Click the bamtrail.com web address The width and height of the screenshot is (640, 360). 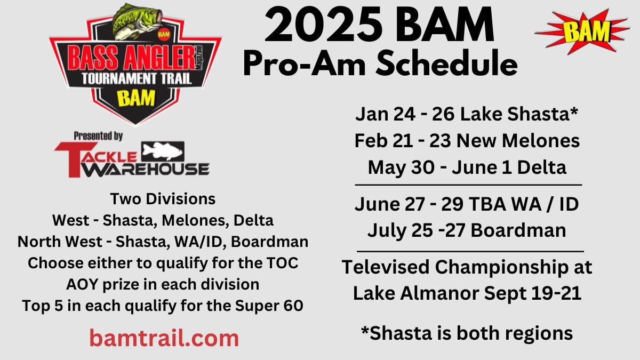[164, 338]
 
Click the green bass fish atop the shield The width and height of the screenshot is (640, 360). [137, 22]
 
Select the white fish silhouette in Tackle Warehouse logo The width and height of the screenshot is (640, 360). [162, 151]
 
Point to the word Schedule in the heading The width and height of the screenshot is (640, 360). [446, 63]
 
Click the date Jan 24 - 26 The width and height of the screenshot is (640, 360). [405, 114]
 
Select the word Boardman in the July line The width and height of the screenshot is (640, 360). [518, 230]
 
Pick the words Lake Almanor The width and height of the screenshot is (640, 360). [417, 293]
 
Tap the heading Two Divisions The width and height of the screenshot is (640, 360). [163, 199]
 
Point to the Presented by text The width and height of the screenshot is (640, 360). [98, 136]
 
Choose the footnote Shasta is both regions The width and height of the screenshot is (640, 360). [467, 333]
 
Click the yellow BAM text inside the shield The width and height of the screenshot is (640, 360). [137, 98]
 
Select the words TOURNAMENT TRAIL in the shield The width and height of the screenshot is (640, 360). [137, 78]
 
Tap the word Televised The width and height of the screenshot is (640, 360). [386, 267]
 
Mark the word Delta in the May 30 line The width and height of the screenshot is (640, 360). [542, 167]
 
